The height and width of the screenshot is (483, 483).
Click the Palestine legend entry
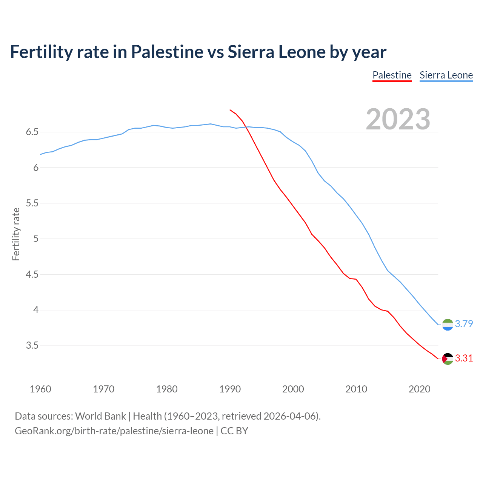(392, 75)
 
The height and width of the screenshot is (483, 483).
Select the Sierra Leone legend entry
(446, 75)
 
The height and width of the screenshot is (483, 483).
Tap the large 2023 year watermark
(398, 119)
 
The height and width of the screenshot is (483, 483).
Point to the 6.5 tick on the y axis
(32, 132)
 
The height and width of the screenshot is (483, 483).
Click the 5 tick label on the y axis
(36, 239)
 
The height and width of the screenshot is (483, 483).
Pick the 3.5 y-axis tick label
(32, 346)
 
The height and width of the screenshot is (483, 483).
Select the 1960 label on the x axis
(40, 389)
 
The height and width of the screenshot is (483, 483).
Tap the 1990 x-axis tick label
(230, 389)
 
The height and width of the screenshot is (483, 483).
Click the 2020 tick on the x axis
(419, 389)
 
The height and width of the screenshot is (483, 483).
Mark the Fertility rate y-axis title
(16, 234)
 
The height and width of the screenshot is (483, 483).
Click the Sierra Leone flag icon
(448, 325)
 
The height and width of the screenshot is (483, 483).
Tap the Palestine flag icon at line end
(448, 358)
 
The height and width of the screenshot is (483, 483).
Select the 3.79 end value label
(464, 324)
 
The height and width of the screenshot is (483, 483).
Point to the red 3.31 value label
(464, 358)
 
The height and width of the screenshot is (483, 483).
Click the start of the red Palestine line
(230, 110)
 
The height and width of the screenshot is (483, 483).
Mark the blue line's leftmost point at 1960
(40, 154)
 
